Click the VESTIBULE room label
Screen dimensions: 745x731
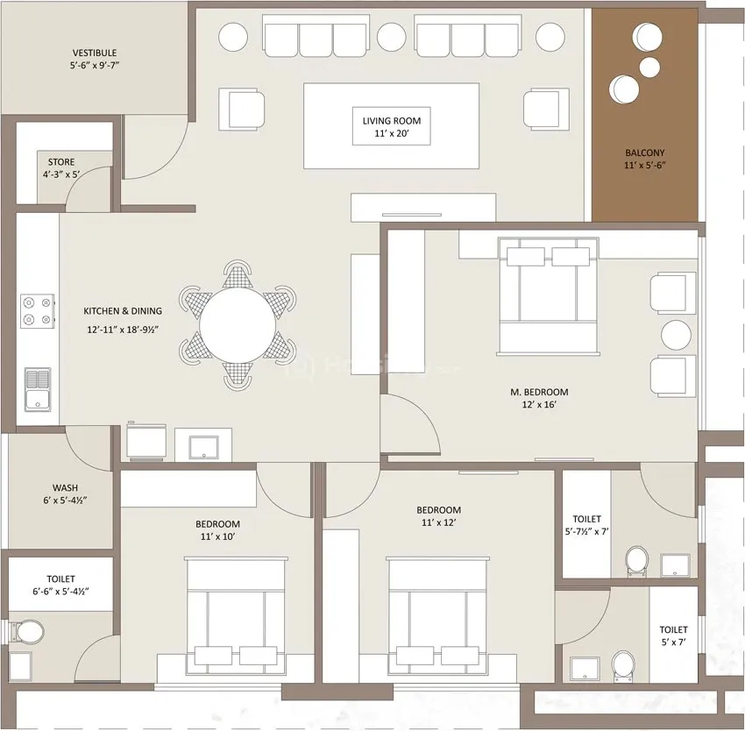coord(95,53)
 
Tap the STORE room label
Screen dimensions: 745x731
coord(61,162)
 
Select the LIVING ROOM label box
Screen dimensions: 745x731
coord(392,126)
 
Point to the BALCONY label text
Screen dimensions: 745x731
coord(645,153)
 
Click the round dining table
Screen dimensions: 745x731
coord(238,325)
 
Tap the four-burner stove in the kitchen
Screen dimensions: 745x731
coord(38,311)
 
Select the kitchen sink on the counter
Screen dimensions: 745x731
coord(38,390)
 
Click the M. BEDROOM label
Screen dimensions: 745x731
coord(539,392)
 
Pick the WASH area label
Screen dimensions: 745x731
coord(65,487)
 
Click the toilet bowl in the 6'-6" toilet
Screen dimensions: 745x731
coord(27,631)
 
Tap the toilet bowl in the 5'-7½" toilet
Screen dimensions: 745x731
coord(636,561)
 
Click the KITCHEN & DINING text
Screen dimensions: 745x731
coord(123,311)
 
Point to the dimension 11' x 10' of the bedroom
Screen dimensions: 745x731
coord(217,536)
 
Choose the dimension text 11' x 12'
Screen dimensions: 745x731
coord(438,522)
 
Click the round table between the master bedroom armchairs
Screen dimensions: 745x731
coord(676,335)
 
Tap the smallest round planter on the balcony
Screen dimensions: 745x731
coord(649,67)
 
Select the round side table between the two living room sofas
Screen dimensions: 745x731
coord(392,37)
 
